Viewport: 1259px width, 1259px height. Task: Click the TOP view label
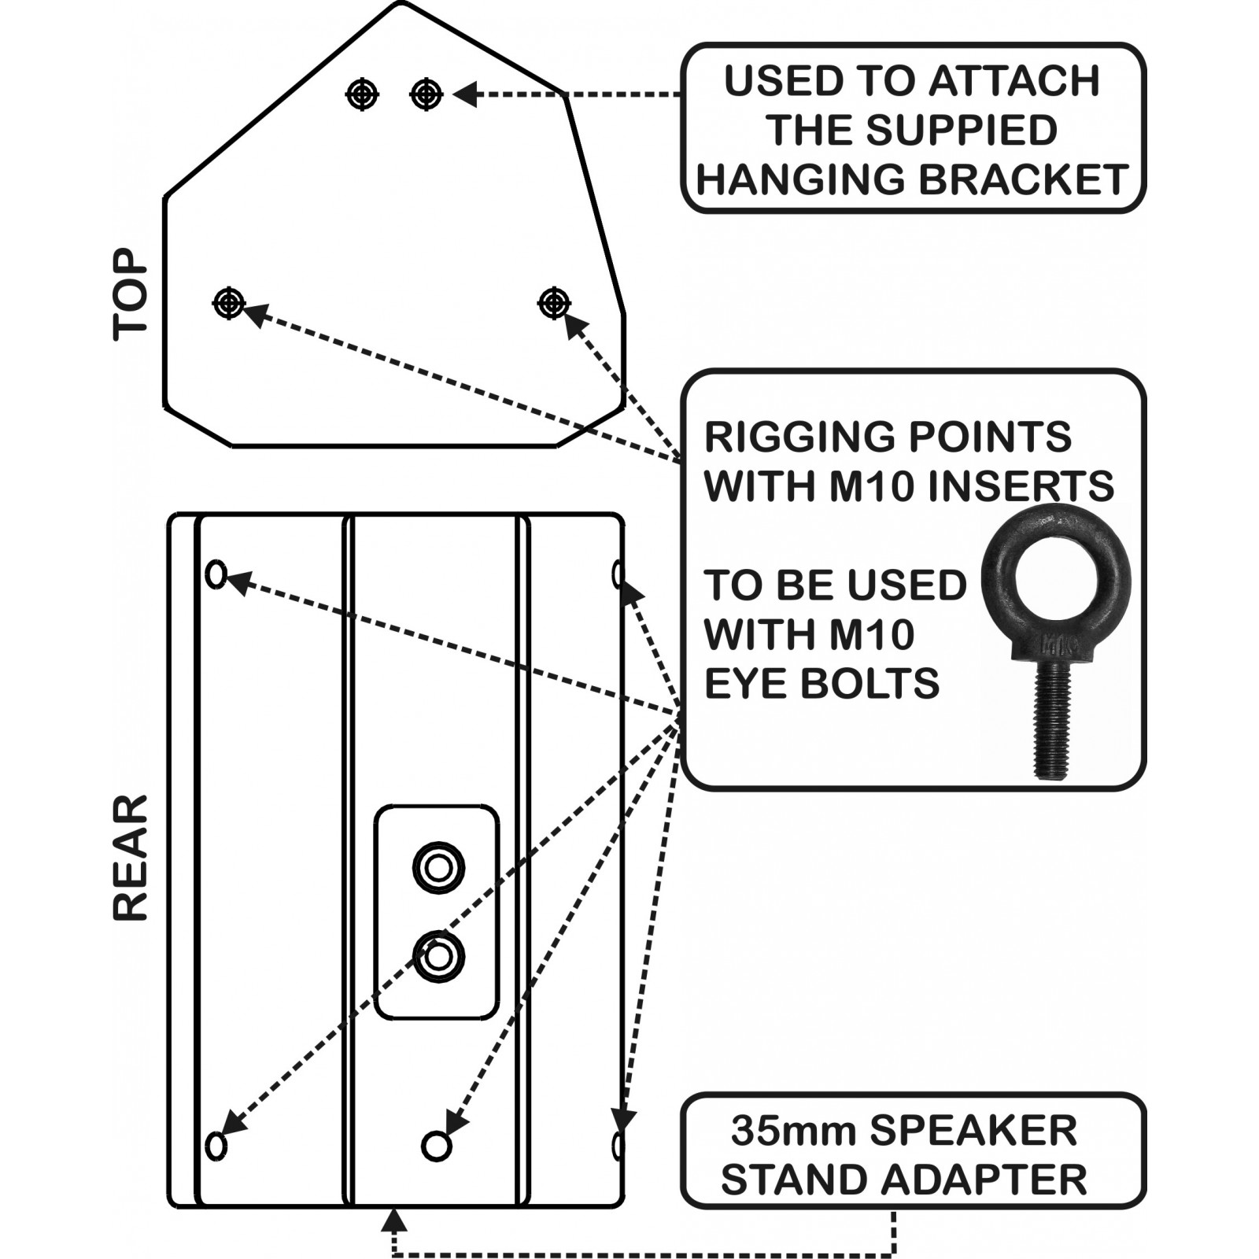click(x=131, y=295)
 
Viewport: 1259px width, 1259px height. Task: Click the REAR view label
click(x=131, y=858)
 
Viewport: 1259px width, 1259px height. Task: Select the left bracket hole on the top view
click(x=362, y=94)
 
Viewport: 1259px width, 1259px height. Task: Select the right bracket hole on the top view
click(x=426, y=94)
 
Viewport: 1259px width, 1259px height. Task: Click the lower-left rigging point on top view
click(x=229, y=302)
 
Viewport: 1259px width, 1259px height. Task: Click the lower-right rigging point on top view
click(x=554, y=301)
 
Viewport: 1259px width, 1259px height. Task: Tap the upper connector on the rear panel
click(x=438, y=868)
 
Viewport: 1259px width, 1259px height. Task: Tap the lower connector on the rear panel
click(x=438, y=957)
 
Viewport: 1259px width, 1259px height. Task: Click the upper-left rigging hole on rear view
click(x=216, y=574)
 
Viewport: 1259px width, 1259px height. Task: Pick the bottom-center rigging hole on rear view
click(x=436, y=1146)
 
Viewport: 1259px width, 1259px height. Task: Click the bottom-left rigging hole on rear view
click(x=216, y=1145)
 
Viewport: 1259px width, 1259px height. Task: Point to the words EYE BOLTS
click(x=821, y=682)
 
